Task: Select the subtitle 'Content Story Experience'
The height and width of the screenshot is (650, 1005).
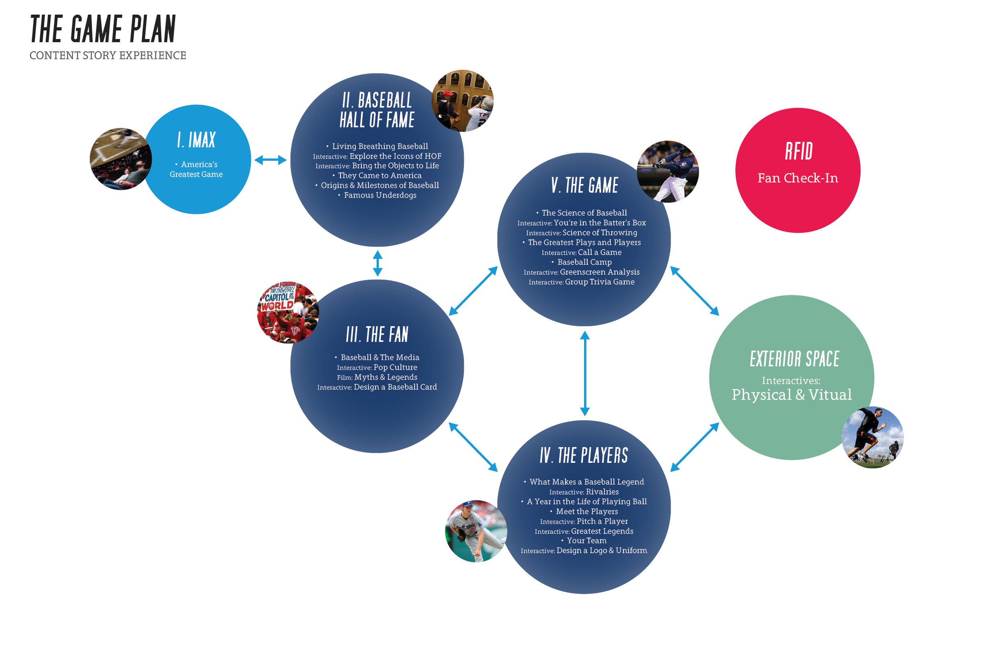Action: pyautogui.click(x=108, y=55)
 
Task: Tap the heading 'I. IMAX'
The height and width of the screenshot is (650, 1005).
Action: pyautogui.click(x=196, y=140)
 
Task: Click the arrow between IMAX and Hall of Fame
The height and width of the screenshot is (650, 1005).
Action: pyautogui.click(x=270, y=160)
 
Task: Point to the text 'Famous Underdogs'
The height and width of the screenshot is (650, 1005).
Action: pyautogui.click(x=380, y=195)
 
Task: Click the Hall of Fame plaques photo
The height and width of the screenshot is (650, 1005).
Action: pyautogui.click(x=462, y=101)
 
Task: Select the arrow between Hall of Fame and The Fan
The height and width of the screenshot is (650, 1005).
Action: pyautogui.click(x=377, y=264)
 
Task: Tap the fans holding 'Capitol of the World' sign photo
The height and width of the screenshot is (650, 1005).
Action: pyautogui.click(x=288, y=312)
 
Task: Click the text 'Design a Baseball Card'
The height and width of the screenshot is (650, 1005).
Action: pyautogui.click(x=395, y=387)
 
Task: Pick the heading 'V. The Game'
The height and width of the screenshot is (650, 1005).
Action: pyautogui.click(x=585, y=186)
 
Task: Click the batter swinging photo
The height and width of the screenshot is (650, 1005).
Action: pyautogui.click(x=668, y=172)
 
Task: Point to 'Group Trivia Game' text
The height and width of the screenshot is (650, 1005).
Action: pyautogui.click(x=600, y=282)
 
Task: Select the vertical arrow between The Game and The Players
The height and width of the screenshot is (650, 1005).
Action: pyautogui.click(x=585, y=373)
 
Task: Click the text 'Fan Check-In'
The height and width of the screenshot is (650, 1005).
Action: pyautogui.click(x=798, y=178)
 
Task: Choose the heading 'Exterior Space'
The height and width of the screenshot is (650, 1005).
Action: pyautogui.click(x=794, y=359)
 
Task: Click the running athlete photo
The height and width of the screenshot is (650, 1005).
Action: pyautogui.click(x=872, y=437)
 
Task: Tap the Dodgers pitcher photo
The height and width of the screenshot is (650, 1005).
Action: pyautogui.click(x=476, y=531)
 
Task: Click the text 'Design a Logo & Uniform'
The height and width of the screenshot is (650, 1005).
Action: pyautogui.click(x=602, y=550)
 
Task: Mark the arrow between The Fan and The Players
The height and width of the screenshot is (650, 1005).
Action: pyautogui.click(x=473, y=447)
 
